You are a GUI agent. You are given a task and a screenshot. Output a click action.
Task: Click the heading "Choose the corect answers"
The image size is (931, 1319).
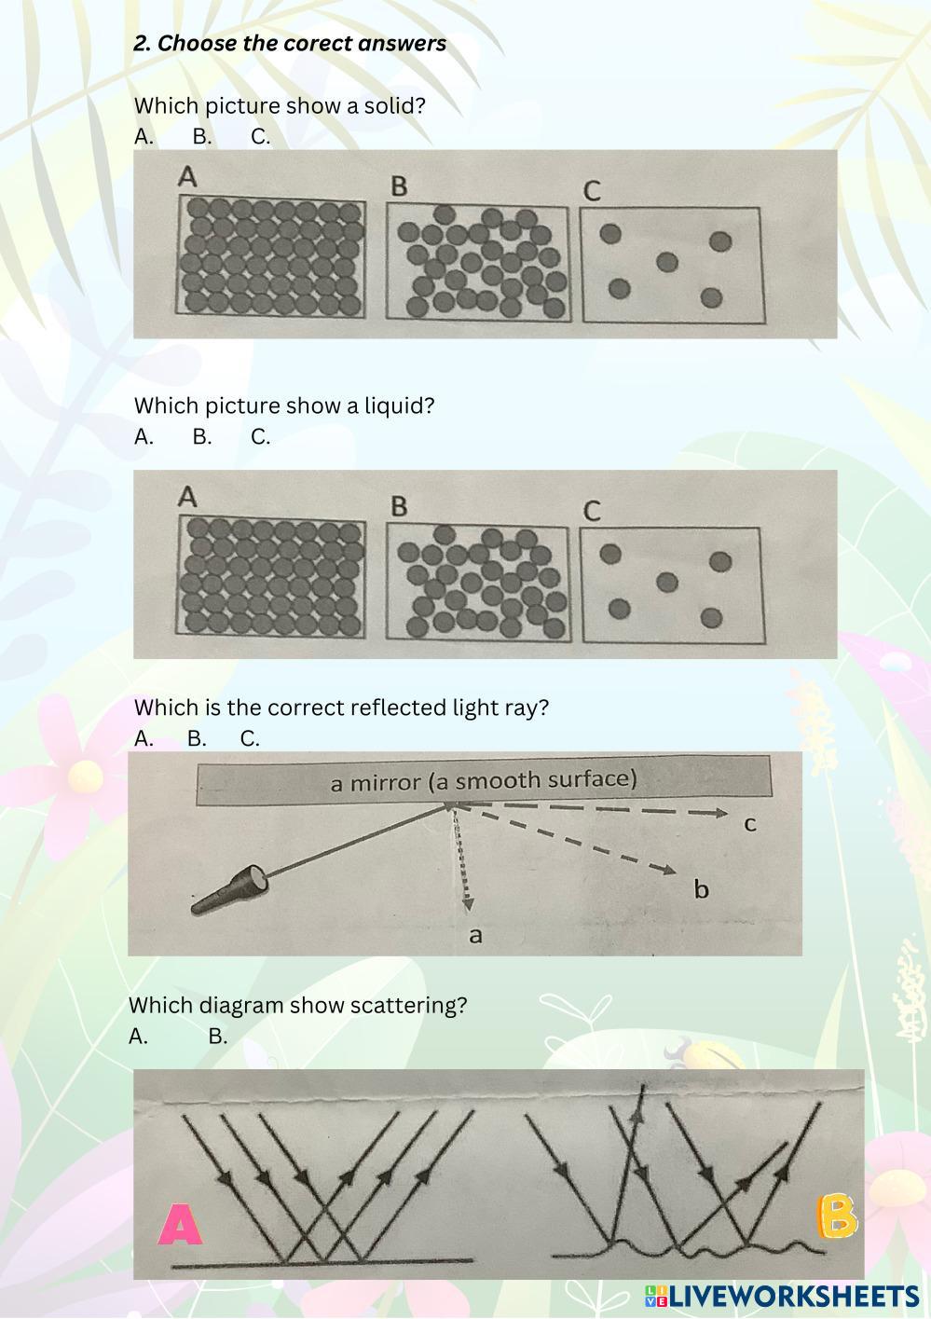(x=302, y=43)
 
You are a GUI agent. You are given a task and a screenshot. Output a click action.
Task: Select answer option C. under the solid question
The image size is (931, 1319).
(x=260, y=137)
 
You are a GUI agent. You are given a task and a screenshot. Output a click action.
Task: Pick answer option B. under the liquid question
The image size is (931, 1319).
(x=202, y=437)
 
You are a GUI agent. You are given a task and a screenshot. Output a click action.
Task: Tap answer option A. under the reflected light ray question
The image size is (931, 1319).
(x=144, y=738)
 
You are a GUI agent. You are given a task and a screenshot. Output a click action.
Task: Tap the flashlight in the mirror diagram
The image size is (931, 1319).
(x=229, y=888)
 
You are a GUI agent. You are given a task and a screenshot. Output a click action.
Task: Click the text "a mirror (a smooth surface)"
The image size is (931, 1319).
(x=484, y=781)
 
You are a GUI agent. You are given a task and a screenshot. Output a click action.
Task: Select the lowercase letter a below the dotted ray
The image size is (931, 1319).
(x=475, y=935)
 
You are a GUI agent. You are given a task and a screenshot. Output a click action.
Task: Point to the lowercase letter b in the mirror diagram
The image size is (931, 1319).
(x=701, y=888)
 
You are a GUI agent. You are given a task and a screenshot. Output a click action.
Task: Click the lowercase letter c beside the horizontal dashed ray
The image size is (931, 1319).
(x=749, y=825)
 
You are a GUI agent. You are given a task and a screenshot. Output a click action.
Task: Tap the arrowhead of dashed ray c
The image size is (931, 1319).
(x=719, y=813)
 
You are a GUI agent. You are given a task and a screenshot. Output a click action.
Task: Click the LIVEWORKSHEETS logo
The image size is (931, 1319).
(x=783, y=1298)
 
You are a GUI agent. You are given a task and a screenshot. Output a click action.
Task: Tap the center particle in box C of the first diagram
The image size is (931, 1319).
(x=666, y=262)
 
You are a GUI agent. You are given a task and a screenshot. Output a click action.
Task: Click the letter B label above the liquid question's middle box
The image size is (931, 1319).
(x=399, y=506)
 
